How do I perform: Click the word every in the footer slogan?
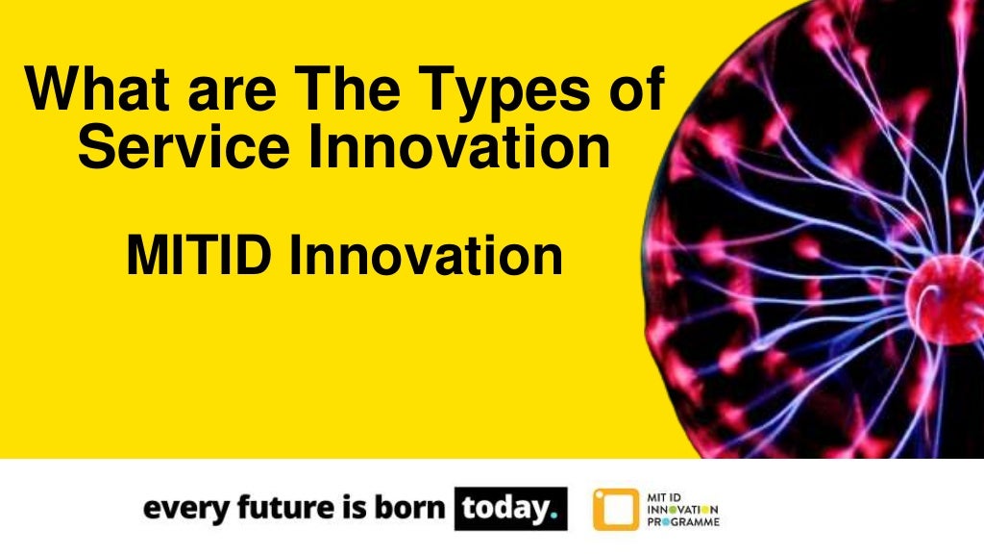178,509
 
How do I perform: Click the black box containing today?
510,509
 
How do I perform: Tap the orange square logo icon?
615,509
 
